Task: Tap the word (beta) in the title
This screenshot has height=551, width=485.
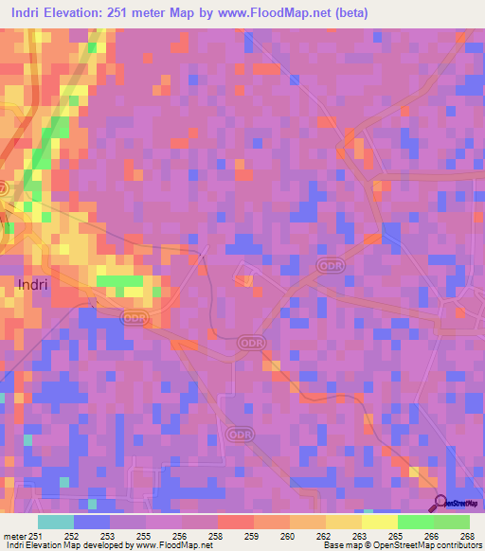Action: (x=346, y=13)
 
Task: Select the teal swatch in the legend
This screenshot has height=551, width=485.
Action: (x=56, y=522)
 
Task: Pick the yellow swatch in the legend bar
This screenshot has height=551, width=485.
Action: (x=379, y=522)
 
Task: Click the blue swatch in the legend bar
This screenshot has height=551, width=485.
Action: (x=92, y=522)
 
